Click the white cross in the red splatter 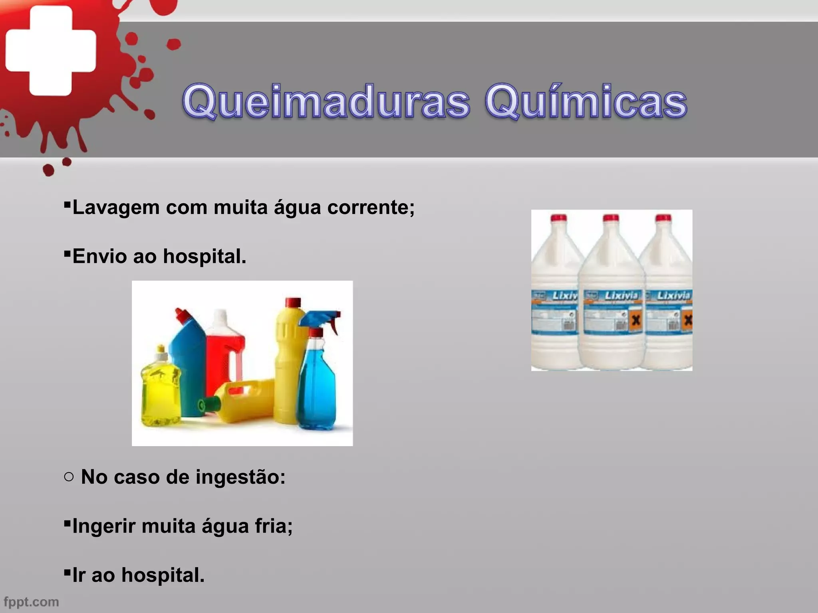tap(51, 51)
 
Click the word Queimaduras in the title tap(326, 103)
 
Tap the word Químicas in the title tap(586, 103)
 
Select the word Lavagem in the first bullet tap(116, 208)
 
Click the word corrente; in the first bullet tap(371, 208)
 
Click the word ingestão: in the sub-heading tap(240, 477)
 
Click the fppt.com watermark tap(31, 602)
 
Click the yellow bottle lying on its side tap(244, 403)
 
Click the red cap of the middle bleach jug tap(611, 218)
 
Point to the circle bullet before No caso tap(69, 477)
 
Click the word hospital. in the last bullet tap(163, 575)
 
